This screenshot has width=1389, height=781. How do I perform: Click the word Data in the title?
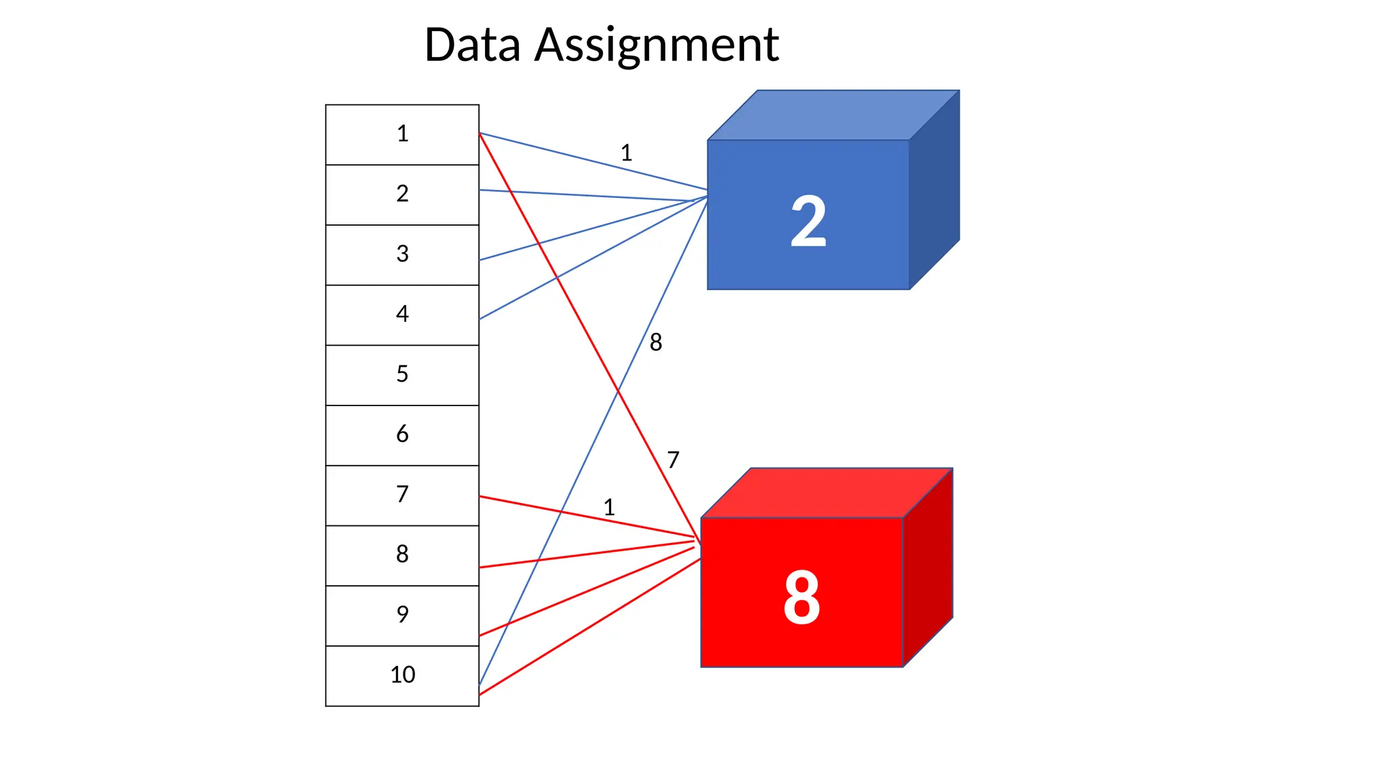coord(472,45)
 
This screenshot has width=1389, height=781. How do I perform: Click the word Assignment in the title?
coord(657,45)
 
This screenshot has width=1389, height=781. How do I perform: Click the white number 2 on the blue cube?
coord(808,221)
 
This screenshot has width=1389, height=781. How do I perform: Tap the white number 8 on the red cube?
coord(802,597)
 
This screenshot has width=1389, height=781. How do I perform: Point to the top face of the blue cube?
coord(833,115)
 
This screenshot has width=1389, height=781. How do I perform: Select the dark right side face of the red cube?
coord(928,567)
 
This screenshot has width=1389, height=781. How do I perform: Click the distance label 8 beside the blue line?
coord(655,342)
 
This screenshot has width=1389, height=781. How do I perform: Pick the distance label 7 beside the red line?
coord(673,460)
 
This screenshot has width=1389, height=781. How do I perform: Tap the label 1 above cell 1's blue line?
coord(626,153)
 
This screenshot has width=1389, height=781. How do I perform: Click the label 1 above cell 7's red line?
coord(609,508)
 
